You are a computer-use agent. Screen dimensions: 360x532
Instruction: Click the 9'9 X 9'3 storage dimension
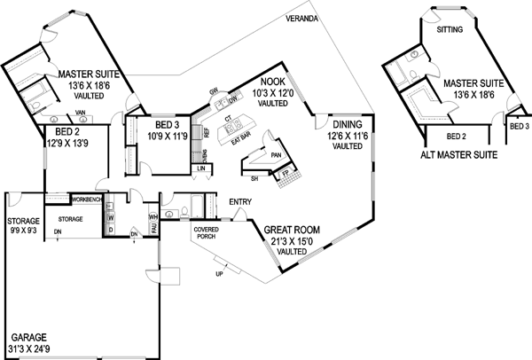(x=22, y=231)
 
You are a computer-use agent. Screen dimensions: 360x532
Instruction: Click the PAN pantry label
(x=276, y=153)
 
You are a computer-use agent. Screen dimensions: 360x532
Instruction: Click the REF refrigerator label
(x=206, y=130)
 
